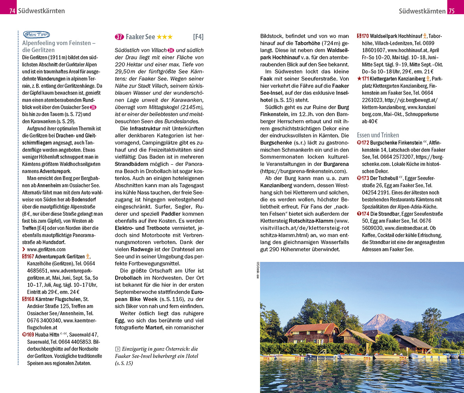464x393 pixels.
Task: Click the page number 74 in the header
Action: click(12, 11)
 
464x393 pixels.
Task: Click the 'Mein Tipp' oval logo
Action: click(34, 35)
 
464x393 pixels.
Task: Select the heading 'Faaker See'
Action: click(140, 37)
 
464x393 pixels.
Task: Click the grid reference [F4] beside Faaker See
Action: click(198, 37)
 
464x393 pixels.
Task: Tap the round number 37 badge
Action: click(119, 37)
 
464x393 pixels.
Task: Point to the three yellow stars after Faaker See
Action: click(164, 37)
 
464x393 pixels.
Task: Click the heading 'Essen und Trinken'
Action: click(377, 135)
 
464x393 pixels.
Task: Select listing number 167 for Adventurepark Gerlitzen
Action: click(29, 257)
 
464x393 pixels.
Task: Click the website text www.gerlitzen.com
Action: click(46, 249)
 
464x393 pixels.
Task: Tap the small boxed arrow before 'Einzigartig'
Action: click(117, 349)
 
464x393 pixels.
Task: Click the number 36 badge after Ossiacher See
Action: click(93, 107)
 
